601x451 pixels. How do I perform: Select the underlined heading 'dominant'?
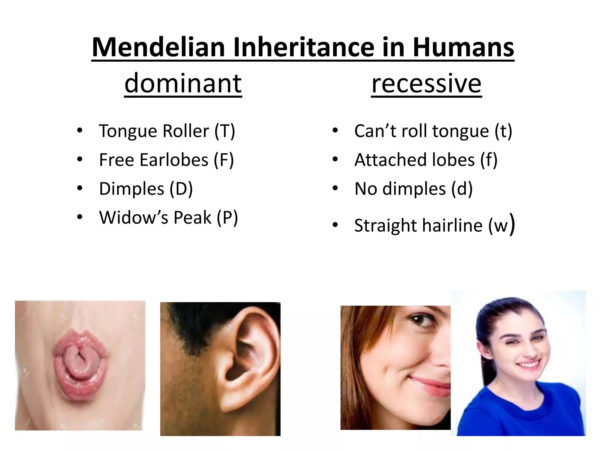183,83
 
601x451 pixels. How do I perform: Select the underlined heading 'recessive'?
426,83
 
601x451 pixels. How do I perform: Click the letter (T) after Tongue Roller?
224,131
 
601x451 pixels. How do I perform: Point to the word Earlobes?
174,160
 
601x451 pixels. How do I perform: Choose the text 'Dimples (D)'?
146,189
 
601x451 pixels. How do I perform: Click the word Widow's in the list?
134,217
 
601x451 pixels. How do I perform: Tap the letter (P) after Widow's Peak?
227,218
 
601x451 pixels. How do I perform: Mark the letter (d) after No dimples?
462,189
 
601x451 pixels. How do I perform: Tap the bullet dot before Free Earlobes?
80,159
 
